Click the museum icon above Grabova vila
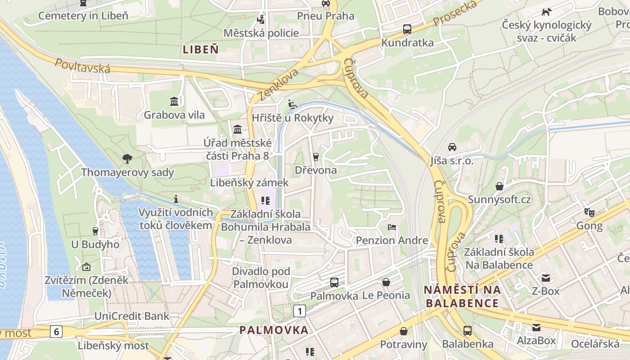tap(174, 101)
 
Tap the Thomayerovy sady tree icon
tap(127, 158)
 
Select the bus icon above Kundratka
tap(407, 29)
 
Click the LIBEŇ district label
tap(201, 49)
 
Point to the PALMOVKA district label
tap(274, 330)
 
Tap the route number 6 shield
tap(56, 332)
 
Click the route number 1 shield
tap(300, 310)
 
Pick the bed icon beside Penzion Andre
tap(392, 227)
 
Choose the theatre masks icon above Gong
tap(589, 212)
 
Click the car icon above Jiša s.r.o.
tap(452, 147)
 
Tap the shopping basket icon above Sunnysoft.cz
tap(499, 186)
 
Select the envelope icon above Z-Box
tap(545, 278)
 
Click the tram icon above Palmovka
tap(334, 283)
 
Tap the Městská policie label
tap(261, 33)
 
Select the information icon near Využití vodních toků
tap(176, 199)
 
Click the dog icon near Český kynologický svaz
tap(546, 12)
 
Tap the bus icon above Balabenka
tap(468, 331)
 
